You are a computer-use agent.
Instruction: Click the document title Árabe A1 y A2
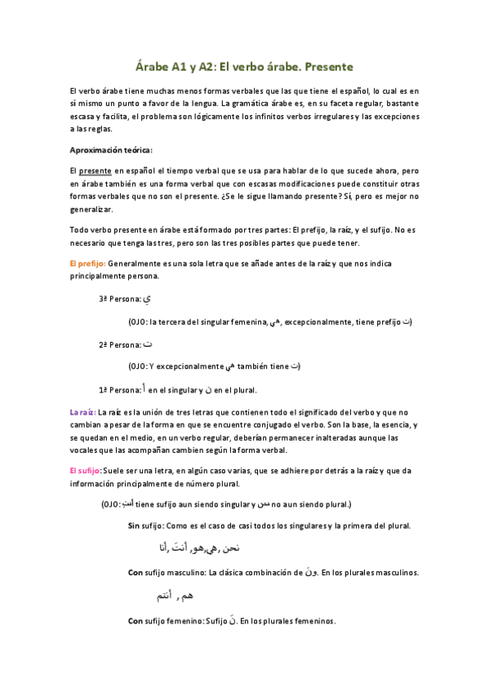coord(189,67)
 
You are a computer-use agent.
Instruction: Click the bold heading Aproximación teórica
coord(112,150)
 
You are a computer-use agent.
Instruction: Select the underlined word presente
coord(95,171)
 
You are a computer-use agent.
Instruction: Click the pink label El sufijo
coord(85,472)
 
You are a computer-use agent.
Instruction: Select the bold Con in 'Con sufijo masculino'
coord(136,573)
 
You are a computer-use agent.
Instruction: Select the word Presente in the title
coord(326,67)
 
